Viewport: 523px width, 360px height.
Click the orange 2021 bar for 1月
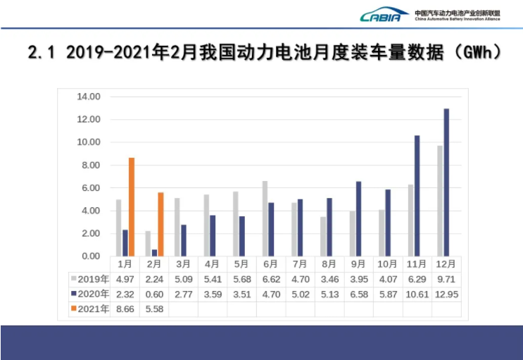click(131, 207)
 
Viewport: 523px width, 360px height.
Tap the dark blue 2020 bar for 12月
click(446, 182)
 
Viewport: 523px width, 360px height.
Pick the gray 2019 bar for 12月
click(440, 201)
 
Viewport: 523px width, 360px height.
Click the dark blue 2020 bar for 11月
click(417, 195)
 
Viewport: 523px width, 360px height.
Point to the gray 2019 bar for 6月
click(265, 218)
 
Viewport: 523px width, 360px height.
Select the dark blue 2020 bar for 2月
click(154, 252)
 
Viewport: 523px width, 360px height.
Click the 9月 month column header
click(358, 264)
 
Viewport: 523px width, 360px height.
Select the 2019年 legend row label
click(89, 279)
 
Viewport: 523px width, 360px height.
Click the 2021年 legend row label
click(89, 309)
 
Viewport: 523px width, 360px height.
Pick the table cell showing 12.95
click(446, 294)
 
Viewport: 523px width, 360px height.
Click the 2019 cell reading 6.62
click(271, 279)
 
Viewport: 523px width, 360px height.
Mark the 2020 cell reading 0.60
click(154, 294)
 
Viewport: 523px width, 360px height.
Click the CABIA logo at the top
click(384, 15)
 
